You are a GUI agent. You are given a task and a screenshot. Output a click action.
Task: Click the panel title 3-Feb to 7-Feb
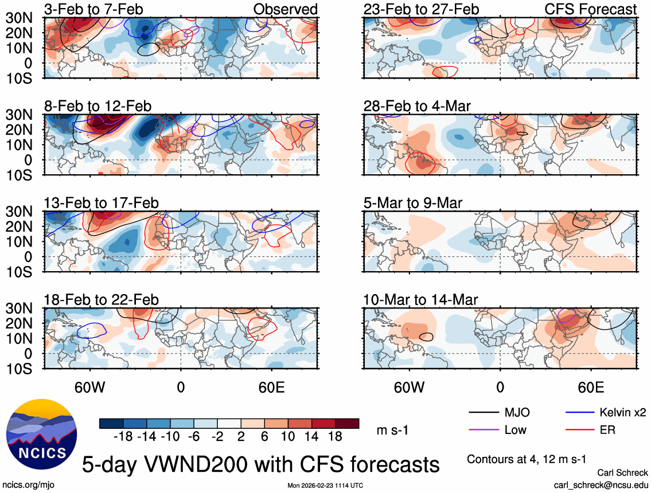coord(94,9)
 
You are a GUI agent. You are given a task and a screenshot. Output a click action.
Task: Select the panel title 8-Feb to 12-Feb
coord(98,106)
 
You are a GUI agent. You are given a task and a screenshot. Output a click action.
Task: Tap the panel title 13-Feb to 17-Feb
coord(102,203)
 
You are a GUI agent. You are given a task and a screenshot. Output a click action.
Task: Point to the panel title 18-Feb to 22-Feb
coord(102,300)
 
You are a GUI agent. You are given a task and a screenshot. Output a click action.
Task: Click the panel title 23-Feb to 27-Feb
coord(421,9)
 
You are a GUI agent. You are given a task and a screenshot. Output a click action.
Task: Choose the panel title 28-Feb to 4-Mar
coord(417,106)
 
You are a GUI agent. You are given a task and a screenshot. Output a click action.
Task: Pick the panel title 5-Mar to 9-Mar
coord(413,203)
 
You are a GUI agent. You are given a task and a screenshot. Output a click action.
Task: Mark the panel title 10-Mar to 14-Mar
coord(420,300)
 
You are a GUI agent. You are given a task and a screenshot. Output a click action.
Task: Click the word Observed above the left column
coord(285,9)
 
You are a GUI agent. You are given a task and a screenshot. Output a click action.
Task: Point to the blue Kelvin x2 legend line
coord(580,413)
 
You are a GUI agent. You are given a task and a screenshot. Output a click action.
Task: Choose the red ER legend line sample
coord(580,429)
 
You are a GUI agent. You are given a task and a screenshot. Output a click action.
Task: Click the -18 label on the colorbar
coord(123,437)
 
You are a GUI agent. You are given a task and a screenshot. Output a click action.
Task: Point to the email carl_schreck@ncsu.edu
coord(601,485)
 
